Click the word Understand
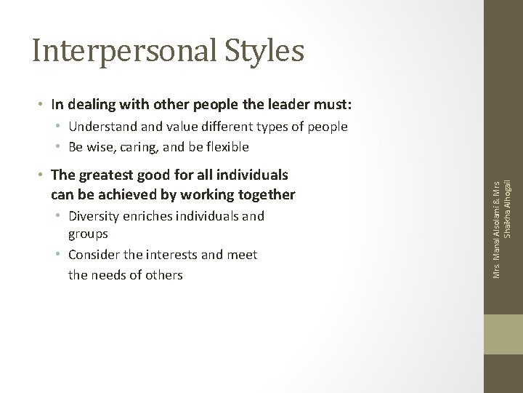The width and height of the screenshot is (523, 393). pos(102,127)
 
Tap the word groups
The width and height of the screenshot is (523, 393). pos(88,234)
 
